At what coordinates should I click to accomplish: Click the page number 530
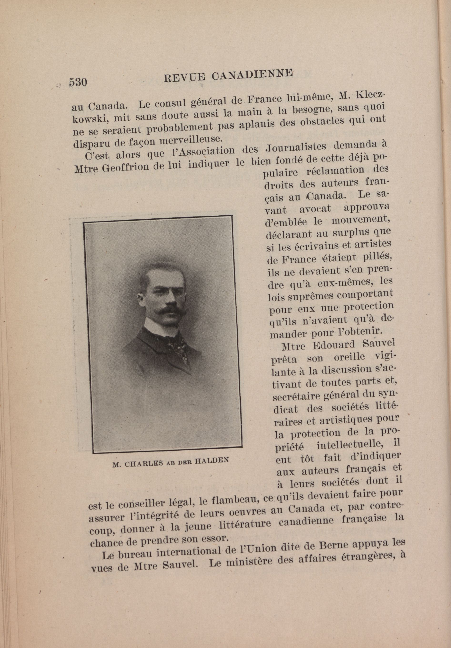pos(78,82)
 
